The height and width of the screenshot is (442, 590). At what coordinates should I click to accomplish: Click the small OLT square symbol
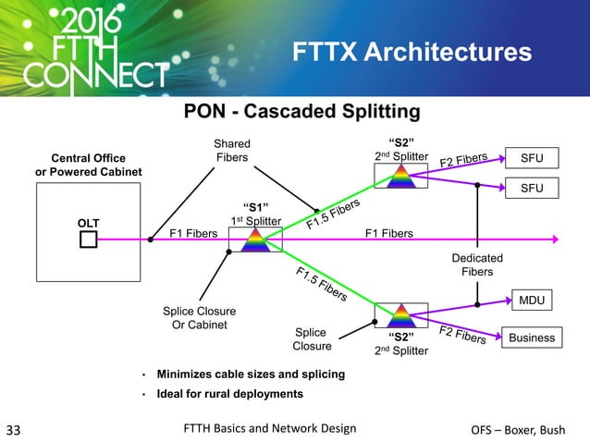tap(88, 240)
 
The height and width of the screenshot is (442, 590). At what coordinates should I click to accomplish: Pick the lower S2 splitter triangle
tap(400, 314)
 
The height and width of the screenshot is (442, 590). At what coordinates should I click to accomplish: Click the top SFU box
tap(531, 158)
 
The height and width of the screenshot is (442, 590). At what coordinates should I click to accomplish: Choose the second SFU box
tap(531, 188)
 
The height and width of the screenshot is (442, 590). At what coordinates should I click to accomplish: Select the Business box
tap(531, 338)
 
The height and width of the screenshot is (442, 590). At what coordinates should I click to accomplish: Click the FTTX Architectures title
tap(412, 52)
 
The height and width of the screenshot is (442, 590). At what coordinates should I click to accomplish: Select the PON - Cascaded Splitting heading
tap(302, 113)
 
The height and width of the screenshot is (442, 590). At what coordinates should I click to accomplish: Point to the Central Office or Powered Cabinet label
tap(89, 166)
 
